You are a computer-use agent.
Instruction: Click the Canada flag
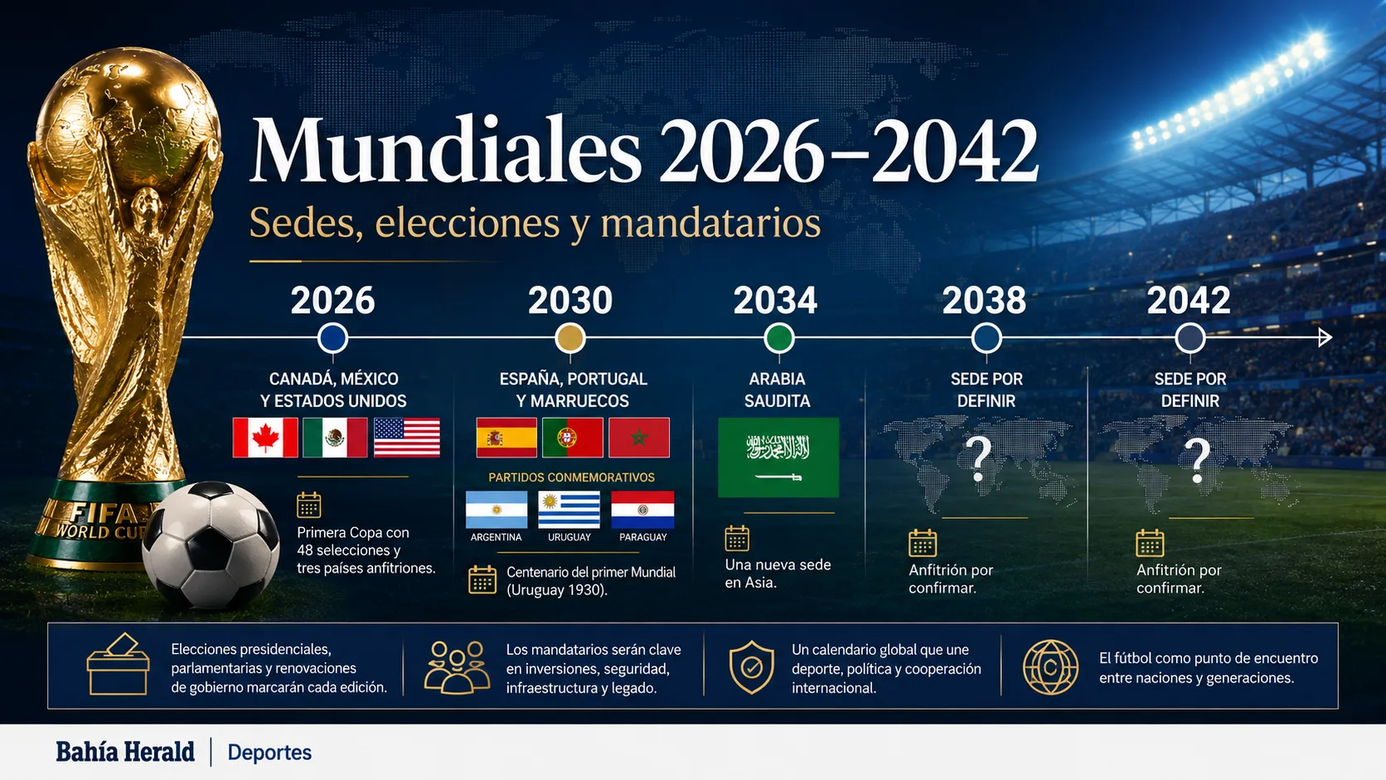[x=264, y=438]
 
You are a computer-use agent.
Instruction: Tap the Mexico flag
[x=335, y=438]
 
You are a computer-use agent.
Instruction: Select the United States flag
[x=406, y=438]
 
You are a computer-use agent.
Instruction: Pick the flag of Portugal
[x=572, y=438]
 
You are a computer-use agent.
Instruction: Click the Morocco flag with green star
[x=638, y=438]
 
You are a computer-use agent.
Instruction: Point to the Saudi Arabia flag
[x=778, y=457]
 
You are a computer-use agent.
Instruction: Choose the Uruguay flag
[x=569, y=510]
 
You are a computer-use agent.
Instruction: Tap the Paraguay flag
[x=642, y=510]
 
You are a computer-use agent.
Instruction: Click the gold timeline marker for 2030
[x=569, y=338]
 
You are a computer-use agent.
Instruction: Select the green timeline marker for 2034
[x=778, y=338]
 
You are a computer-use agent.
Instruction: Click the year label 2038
[x=984, y=301]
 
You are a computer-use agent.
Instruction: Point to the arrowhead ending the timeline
[x=1325, y=337]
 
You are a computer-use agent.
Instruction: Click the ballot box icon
[x=118, y=664]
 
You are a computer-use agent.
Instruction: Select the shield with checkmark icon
[x=751, y=667]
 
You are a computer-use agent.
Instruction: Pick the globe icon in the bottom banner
[x=1050, y=667]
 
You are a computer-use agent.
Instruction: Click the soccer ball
[x=211, y=545]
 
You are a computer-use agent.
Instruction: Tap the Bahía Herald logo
[x=125, y=752]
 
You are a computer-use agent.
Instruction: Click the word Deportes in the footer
[x=269, y=753]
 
